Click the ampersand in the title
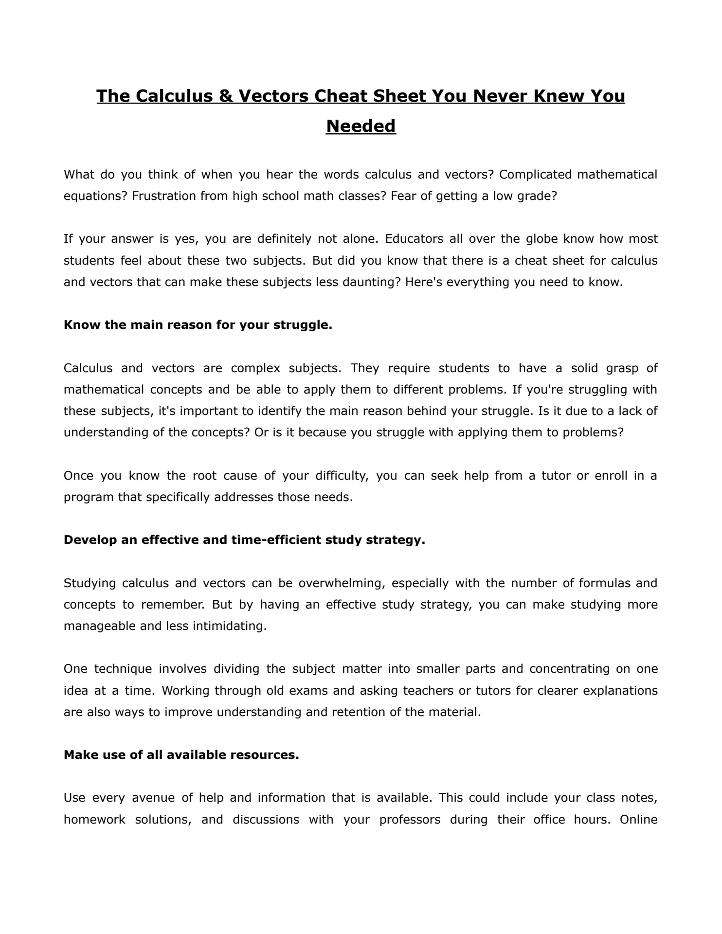click(x=223, y=96)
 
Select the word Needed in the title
click(x=361, y=126)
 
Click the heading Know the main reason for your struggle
click(x=198, y=325)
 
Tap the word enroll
click(x=611, y=475)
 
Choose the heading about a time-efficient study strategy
click(x=244, y=540)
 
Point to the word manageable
click(x=100, y=626)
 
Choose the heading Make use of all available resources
click(x=181, y=755)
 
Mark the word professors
click(x=410, y=820)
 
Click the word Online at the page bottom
click(x=638, y=820)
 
